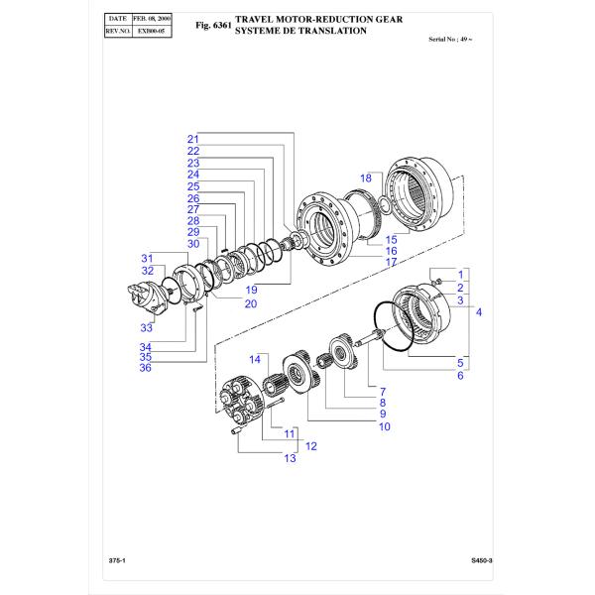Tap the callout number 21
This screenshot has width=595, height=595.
pyautogui.click(x=193, y=139)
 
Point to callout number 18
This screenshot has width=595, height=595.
pyautogui.click(x=365, y=178)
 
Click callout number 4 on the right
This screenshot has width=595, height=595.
pyautogui.click(x=479, y=312)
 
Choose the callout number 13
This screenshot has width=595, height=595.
pyautogui.click(x=290, y=458)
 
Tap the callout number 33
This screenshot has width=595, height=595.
pyautogui.click(x=146, y=327)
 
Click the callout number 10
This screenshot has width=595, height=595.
pyautogui.click(x=384, y=426)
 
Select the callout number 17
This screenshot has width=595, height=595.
pyautogui.click(x=391, y=263)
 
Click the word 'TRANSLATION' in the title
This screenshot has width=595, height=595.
pyautogui.click(x=327, y=31)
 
